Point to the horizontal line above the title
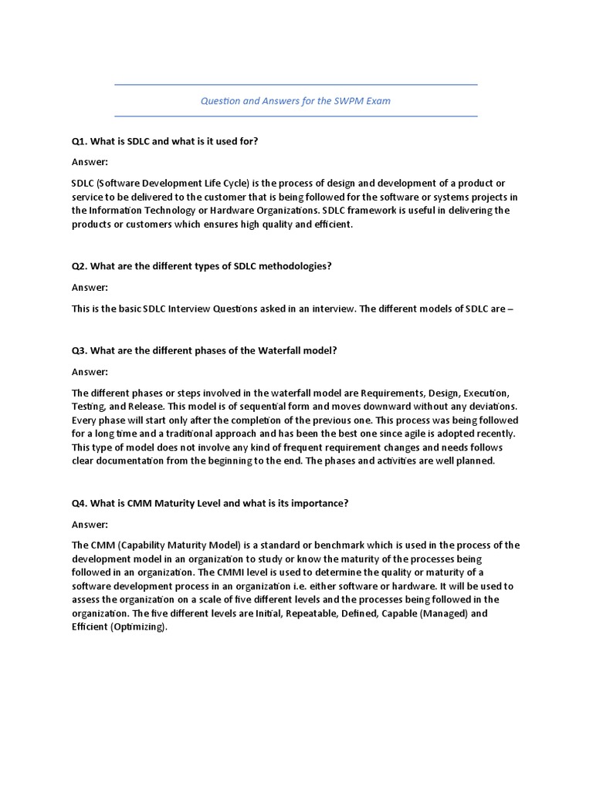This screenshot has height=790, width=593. [296, 85]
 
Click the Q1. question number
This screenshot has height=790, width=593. [80, 142]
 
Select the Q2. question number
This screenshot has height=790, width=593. [80, 266]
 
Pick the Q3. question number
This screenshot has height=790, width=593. [80, 350]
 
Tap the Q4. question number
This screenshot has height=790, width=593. [80, 503]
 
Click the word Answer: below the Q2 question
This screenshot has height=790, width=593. [90, 287]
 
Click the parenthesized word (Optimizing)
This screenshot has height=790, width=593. [138, 627]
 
